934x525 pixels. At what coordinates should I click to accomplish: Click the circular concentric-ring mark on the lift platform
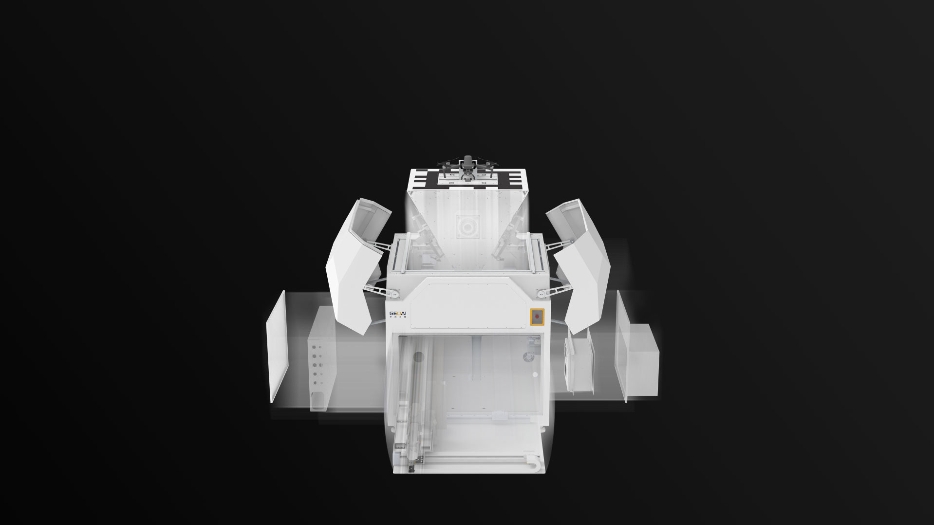(467, 227)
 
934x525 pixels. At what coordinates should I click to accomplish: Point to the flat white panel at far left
(278, 346)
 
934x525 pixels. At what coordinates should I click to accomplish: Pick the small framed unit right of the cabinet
(579, 363)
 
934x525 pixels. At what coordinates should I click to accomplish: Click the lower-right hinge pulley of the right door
(541, 293)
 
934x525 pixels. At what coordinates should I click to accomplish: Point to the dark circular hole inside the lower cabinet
(418, 357)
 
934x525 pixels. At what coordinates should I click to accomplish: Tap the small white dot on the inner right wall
(535, 375)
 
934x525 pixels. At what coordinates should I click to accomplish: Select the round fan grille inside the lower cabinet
(528, 357)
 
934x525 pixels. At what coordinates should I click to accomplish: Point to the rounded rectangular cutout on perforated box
(318, 399)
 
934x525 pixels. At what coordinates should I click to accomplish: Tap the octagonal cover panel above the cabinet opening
(467, 302)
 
